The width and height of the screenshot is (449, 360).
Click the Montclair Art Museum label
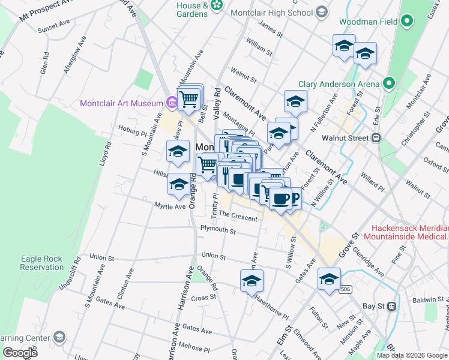point(122,103)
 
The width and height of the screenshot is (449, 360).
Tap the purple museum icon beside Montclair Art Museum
point(172,103)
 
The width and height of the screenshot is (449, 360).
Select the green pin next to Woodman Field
point(408,22)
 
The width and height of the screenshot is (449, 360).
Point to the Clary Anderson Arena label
point(339,84)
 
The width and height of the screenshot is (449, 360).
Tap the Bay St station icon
point(391,306)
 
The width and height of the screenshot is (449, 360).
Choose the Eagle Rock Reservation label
point(41,263)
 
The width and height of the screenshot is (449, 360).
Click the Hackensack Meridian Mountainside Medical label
point(410,233)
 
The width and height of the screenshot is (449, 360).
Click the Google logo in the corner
point(20,353)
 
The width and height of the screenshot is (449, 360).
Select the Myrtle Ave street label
point(170,206)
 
